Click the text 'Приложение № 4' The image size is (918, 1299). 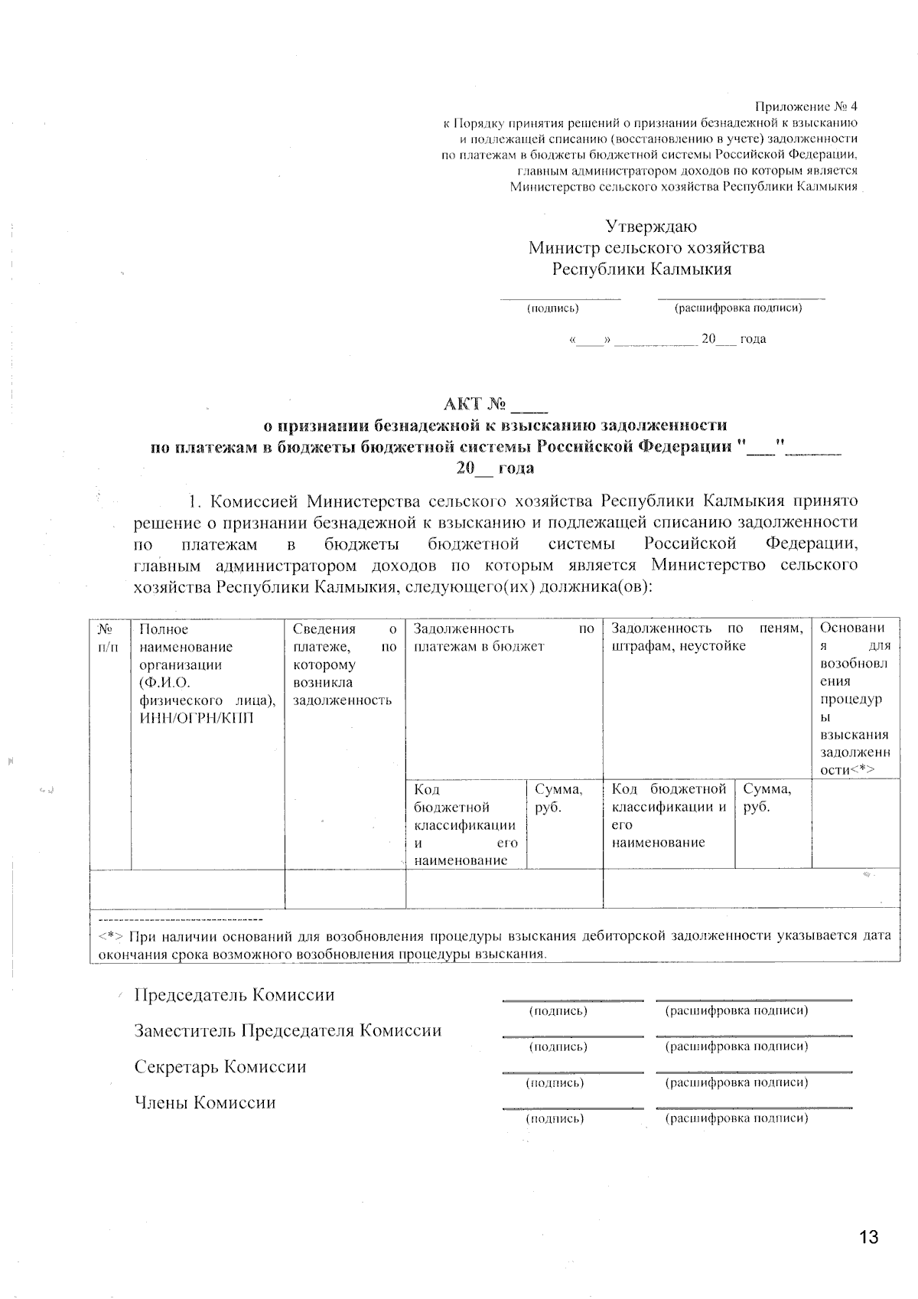806,106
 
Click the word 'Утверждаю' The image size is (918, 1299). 651,227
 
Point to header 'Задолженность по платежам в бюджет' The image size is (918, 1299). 503,638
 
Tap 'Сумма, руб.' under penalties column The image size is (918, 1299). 767,798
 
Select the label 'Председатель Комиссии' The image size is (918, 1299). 234,995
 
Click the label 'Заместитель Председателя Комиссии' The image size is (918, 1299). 288,1030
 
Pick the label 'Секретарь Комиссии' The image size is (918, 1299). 220,1066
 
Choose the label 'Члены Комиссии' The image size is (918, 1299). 205,1102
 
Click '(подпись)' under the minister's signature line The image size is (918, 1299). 552,308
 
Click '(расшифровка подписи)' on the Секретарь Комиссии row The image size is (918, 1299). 737,1082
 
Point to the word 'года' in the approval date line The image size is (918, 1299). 753,339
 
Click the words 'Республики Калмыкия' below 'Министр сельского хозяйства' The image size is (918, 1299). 642,269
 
